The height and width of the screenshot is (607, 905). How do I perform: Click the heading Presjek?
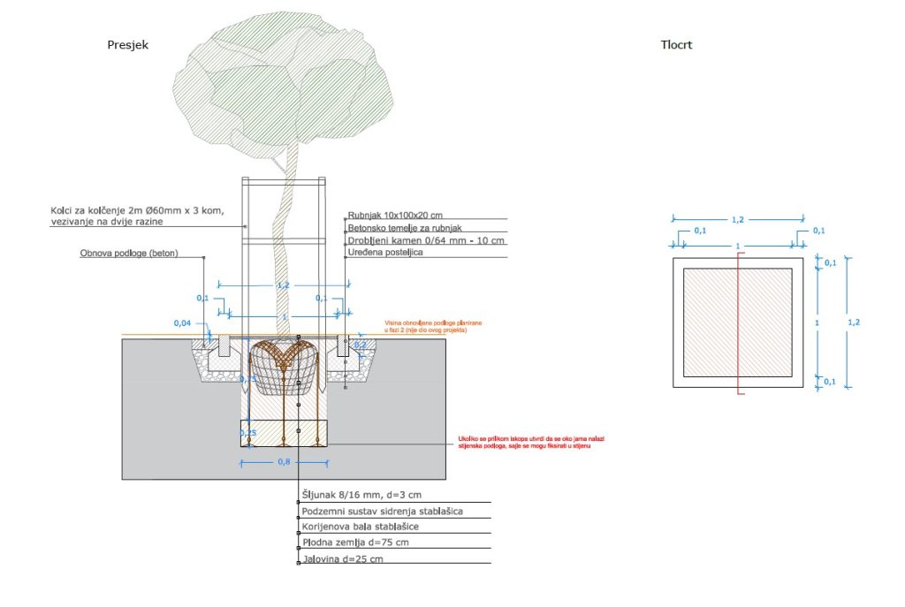pos(128,45)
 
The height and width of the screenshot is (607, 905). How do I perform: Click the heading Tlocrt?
pos(676,45)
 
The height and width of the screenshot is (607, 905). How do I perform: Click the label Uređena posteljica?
pos(386,253)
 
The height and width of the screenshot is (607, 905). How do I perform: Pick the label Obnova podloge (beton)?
pos(129,254)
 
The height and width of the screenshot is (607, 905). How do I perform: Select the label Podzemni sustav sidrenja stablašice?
pos(382,511)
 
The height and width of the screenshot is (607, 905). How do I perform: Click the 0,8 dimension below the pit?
pos(285,461)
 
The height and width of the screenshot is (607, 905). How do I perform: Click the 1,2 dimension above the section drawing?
pos(283,286)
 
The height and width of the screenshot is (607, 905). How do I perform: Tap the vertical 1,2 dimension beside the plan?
pos(853,322)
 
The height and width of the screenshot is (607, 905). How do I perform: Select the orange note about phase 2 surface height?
pos(433,327)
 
